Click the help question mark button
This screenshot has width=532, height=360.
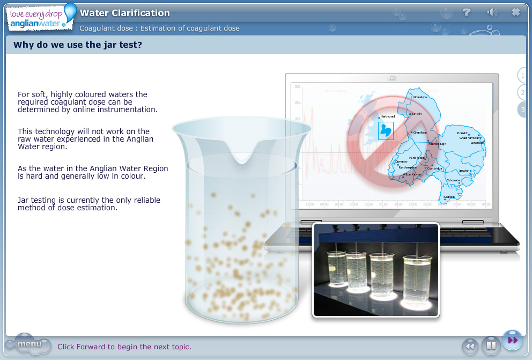click(467, 12)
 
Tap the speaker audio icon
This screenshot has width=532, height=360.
click(492, 12)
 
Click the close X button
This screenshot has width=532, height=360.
click(516, 12)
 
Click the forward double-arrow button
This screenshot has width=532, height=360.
click(512, 340)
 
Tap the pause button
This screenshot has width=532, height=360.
click(491, 346)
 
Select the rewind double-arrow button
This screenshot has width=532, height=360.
click(470, 346)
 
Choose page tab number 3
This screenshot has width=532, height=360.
click(522, 109)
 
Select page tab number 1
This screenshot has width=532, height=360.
click(522, 75)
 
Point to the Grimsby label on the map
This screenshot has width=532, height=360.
click(419, 97)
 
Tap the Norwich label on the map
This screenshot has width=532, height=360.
click(462, 133)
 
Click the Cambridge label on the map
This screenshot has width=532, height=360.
click(435, 168)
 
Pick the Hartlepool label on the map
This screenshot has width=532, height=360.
click(387, 116)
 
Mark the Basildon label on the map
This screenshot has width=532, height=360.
click(449, 197)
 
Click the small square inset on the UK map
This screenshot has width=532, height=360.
click(386, 130)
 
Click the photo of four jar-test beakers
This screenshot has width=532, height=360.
click(375, 270)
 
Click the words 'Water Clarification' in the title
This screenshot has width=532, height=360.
click(125, 13)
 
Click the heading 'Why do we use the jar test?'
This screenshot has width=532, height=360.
click(78, 45)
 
